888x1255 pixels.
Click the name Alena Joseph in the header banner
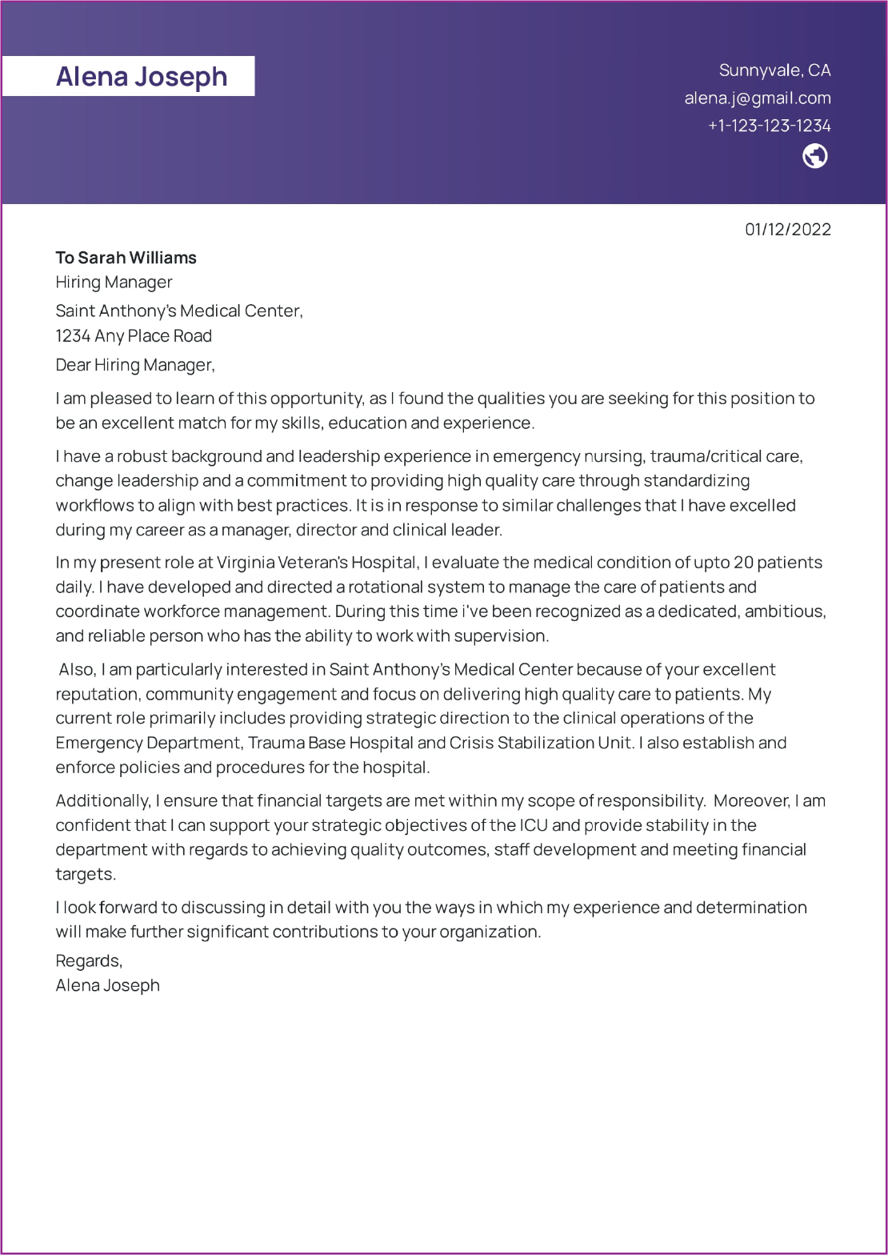tap(142, 77)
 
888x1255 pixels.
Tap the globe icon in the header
tap(814, 156)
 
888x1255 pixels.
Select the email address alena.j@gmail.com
tap(757, 98)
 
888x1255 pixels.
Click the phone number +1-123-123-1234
tap(769, 126)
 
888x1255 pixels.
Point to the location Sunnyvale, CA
tap(774, 70)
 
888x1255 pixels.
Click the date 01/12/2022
tap(787, 230)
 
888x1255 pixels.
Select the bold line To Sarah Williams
tap(126, 258)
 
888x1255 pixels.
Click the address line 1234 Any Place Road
tap(134, 336)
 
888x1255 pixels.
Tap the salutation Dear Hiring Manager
tap(135, 365)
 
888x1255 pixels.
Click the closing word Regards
tap(89, 960)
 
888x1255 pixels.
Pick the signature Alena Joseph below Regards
tap(107, 985)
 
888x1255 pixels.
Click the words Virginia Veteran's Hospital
tap(316, 563)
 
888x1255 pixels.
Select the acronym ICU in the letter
tap(534, 825)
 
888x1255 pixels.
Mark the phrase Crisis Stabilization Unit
tap(541, 743)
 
